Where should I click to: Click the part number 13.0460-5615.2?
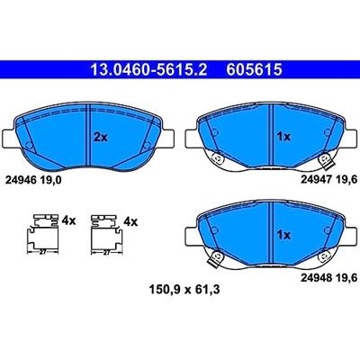pos(148,70)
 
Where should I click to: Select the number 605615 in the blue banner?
pos(255,70)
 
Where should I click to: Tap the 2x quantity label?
pos(101,138)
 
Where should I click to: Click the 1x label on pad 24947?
pos(283,137)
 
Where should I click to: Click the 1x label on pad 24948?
pos(283,235)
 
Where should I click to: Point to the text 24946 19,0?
pos(33,180)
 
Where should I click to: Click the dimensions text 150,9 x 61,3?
pos(184,290)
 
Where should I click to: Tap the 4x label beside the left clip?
pos(68,221)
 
